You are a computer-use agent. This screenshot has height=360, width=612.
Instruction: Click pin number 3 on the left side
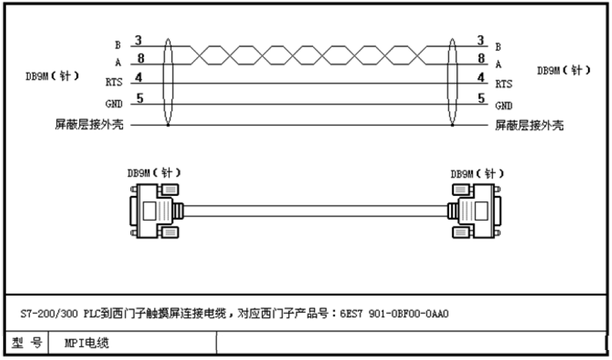pyautogui.click(x=138, y=41)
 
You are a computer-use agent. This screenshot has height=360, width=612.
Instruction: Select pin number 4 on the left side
pyautogui.click(x=138, y=78)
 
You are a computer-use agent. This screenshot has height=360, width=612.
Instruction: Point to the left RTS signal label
pyautogui.click(x=114, y=83)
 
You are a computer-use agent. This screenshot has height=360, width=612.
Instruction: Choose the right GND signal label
pyautogui.click(x=504, y=105)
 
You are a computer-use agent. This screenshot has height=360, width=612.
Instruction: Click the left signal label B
pyautogui.click(x=118, y=46)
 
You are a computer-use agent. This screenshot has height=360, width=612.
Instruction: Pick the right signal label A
pyautogui.click(x=498, y=65)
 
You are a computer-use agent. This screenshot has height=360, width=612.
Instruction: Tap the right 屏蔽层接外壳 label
pyautogui.click(x=529, y=125)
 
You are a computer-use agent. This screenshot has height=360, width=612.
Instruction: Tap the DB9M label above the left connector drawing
pyautogui.click(x=153, y=173)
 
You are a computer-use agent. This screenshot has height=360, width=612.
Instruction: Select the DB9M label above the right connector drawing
pyautogui.click(x=476, y=174)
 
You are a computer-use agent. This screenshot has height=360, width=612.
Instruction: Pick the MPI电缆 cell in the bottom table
pyautogui.click(x=83, y=344)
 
